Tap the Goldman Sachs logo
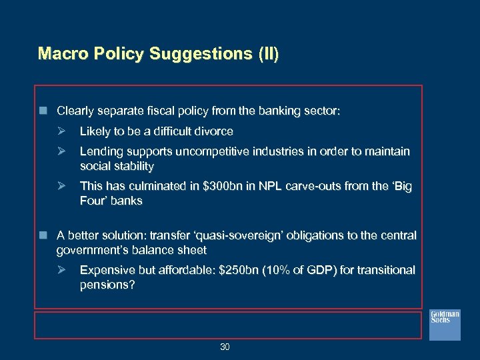click(444, 325)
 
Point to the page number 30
click(225, 347)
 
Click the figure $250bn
click(242, 271)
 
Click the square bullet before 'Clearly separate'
click(43, 110)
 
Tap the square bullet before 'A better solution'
click(43, 235)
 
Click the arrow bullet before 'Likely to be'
click(61, 131)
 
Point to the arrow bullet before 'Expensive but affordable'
click(61, 271)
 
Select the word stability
click(134, 166)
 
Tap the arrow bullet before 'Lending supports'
click(61, 152)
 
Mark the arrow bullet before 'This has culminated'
click(61, 187)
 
